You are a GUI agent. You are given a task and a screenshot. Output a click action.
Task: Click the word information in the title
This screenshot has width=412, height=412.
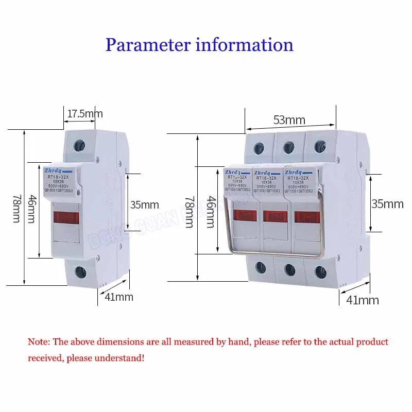pyautogui.click(x=244, y=44)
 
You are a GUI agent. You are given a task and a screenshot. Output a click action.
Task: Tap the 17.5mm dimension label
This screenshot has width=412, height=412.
pyautogui.click(x=85, y=113)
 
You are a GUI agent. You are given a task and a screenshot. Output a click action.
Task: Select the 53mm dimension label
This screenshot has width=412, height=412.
pyautogui.click(x=289, y=120)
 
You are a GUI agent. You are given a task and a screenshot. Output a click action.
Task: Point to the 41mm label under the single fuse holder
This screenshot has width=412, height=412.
pyautogui.click(x=118, y=297)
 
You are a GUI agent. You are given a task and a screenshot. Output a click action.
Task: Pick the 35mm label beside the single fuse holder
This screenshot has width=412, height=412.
pyautogui.click(x=145, y=204)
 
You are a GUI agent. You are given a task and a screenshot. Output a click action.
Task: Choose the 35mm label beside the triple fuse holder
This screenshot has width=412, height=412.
pyautogui.click(x=387, y=203)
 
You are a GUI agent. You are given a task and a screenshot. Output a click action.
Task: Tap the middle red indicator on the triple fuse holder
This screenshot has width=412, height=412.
pyautogui.click(x=274, y=216)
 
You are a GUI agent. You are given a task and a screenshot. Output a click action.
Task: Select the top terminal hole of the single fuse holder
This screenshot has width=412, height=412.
pyautogui.click(x=80, y=145)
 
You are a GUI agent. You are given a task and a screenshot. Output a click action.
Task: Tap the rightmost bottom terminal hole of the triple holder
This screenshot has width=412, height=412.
pyautogui.click(x=320, y=270)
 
